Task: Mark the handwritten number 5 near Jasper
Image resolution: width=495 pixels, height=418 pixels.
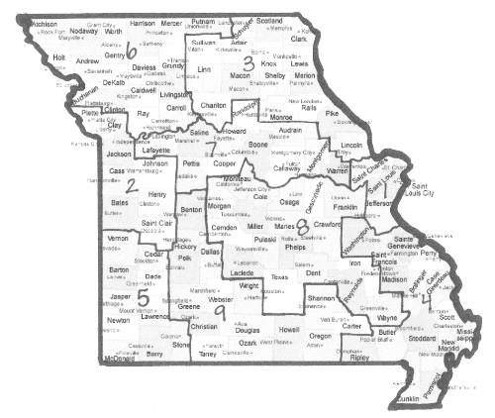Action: tap(144, 296)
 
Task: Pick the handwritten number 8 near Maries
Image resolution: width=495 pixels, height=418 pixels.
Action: tap(301, 227)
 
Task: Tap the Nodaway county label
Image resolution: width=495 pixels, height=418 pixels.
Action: tap(70, 32)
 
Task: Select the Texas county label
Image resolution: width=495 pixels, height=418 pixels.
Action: tap(279, 278)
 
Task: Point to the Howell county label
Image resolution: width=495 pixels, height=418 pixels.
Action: tap(288, 329)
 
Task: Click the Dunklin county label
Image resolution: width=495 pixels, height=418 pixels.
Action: tap(407, 400)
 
